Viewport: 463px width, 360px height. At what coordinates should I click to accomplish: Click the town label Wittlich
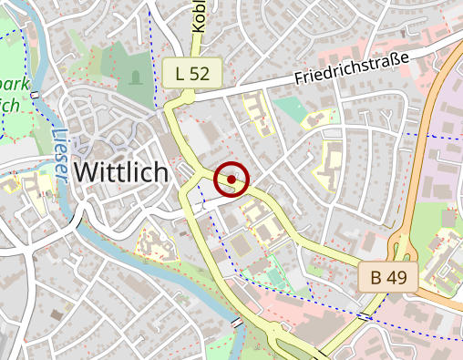click(120, 171)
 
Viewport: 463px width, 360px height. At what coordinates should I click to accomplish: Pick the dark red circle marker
click(231, 180)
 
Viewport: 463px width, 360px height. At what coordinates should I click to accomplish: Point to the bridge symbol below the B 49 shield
click(364, 316)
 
